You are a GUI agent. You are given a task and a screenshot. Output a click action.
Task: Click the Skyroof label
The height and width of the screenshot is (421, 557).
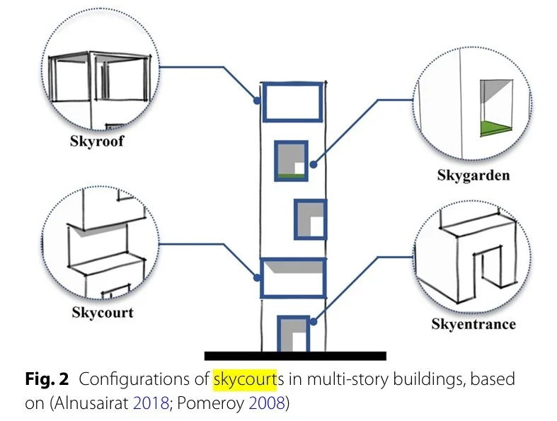(96, 141)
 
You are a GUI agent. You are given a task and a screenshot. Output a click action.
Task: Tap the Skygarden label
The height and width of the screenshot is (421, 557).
(473, 175)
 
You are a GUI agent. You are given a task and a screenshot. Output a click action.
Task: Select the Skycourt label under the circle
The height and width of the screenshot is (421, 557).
(102, 311)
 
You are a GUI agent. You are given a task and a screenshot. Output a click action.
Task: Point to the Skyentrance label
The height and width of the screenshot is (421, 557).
(473, 324)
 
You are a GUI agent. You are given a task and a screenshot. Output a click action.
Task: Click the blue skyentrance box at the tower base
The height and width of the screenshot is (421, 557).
(292, 333)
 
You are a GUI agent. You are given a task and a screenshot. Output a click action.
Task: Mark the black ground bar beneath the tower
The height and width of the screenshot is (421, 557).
(295, 355)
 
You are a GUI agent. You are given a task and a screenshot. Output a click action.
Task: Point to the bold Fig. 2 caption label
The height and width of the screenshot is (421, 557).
(49, 379)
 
